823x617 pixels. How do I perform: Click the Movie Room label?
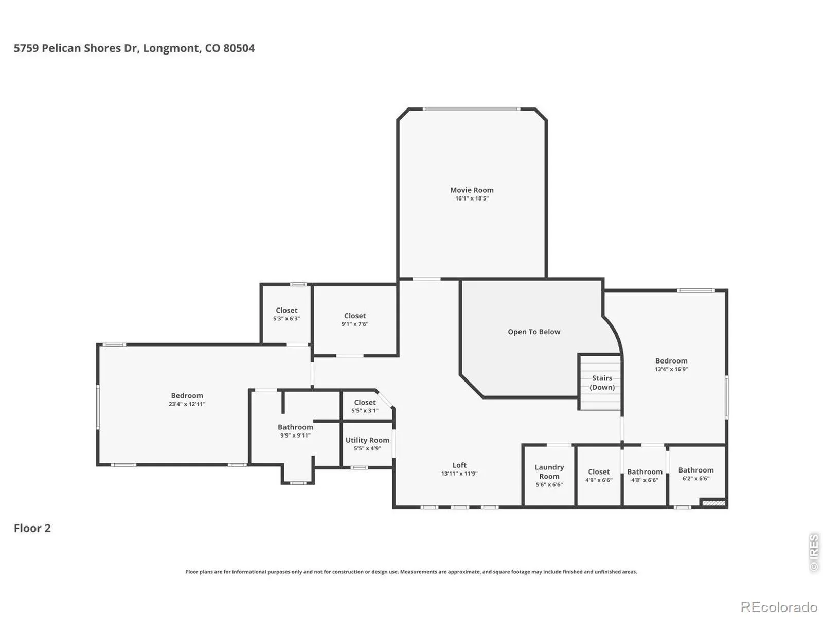pos(472,190)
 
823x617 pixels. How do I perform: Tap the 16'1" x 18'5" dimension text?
pos(472,198)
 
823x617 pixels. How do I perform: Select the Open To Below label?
pos(534,332)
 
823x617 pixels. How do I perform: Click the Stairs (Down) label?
pos(602,383)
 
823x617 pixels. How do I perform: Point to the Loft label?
pos(459,465)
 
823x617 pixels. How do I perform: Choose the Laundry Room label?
pos(549,472)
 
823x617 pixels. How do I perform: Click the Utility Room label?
pos(367,440)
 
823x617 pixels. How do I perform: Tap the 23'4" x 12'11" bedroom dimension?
pos(187,404)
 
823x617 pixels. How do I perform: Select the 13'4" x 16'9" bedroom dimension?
pos(671,369)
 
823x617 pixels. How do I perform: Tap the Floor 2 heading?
pos(32,528)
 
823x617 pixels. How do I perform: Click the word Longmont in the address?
pos(171,48)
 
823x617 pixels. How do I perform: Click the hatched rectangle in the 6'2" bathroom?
pos(713,503)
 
